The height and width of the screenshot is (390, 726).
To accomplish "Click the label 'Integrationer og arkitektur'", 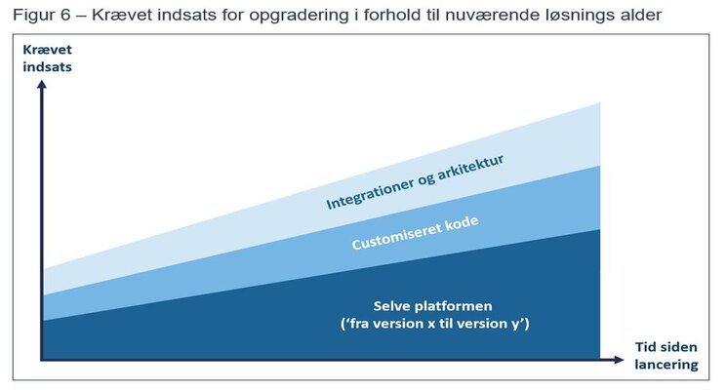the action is (415, 181).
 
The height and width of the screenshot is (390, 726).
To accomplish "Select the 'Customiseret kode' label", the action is (416, 233).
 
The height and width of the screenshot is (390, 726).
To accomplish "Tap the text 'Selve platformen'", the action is (433, 306).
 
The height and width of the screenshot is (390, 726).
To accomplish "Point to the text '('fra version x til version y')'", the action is (435, 324).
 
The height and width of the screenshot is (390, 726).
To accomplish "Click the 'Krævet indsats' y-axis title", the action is (47, 58).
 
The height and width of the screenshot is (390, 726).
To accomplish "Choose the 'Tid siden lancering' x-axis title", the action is (666, 356).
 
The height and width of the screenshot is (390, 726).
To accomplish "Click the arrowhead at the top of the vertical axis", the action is (42, 84).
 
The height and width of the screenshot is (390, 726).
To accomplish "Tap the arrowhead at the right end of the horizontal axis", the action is (619, 360).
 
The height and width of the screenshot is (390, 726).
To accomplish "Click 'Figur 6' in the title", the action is (42, 16).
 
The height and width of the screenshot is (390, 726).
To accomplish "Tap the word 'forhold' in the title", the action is (391, 16).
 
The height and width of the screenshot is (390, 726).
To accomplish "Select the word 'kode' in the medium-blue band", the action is (462, 224).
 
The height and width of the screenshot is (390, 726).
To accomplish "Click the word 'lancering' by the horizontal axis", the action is (666, 365).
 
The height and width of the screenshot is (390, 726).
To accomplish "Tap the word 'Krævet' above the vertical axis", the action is (47, 50).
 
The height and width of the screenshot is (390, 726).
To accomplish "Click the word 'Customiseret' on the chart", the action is (396, 238).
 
